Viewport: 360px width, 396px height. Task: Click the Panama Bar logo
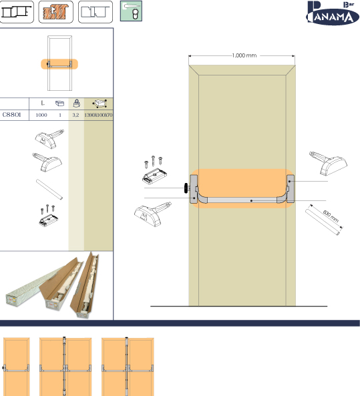click(332, 13)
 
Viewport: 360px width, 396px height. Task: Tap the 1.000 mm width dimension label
click(244, 55)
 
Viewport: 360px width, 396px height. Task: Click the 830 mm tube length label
click(331, 216)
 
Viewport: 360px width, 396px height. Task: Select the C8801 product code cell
click(11, 115)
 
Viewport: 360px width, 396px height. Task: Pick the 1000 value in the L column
click(41, 115)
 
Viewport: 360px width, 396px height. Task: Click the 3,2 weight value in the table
click(75, 115)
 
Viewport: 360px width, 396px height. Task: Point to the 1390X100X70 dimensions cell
click(98, 115)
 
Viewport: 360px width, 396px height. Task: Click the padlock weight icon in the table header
click(77, 103)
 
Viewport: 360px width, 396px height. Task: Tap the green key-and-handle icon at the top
click(131, 11)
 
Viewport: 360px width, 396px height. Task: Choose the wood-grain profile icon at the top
click(56, 12)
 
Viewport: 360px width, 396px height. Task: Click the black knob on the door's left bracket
click(186, 188)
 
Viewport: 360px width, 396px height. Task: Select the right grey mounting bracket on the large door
click(291, 189)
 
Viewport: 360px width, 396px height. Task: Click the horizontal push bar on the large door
click(242, 200)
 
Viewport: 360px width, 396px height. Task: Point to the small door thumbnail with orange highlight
click(59, 63)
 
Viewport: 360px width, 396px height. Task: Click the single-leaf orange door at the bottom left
click(17, 367)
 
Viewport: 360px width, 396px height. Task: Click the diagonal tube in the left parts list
click(49, 190)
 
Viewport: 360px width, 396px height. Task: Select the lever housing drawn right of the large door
click(329, 163)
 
